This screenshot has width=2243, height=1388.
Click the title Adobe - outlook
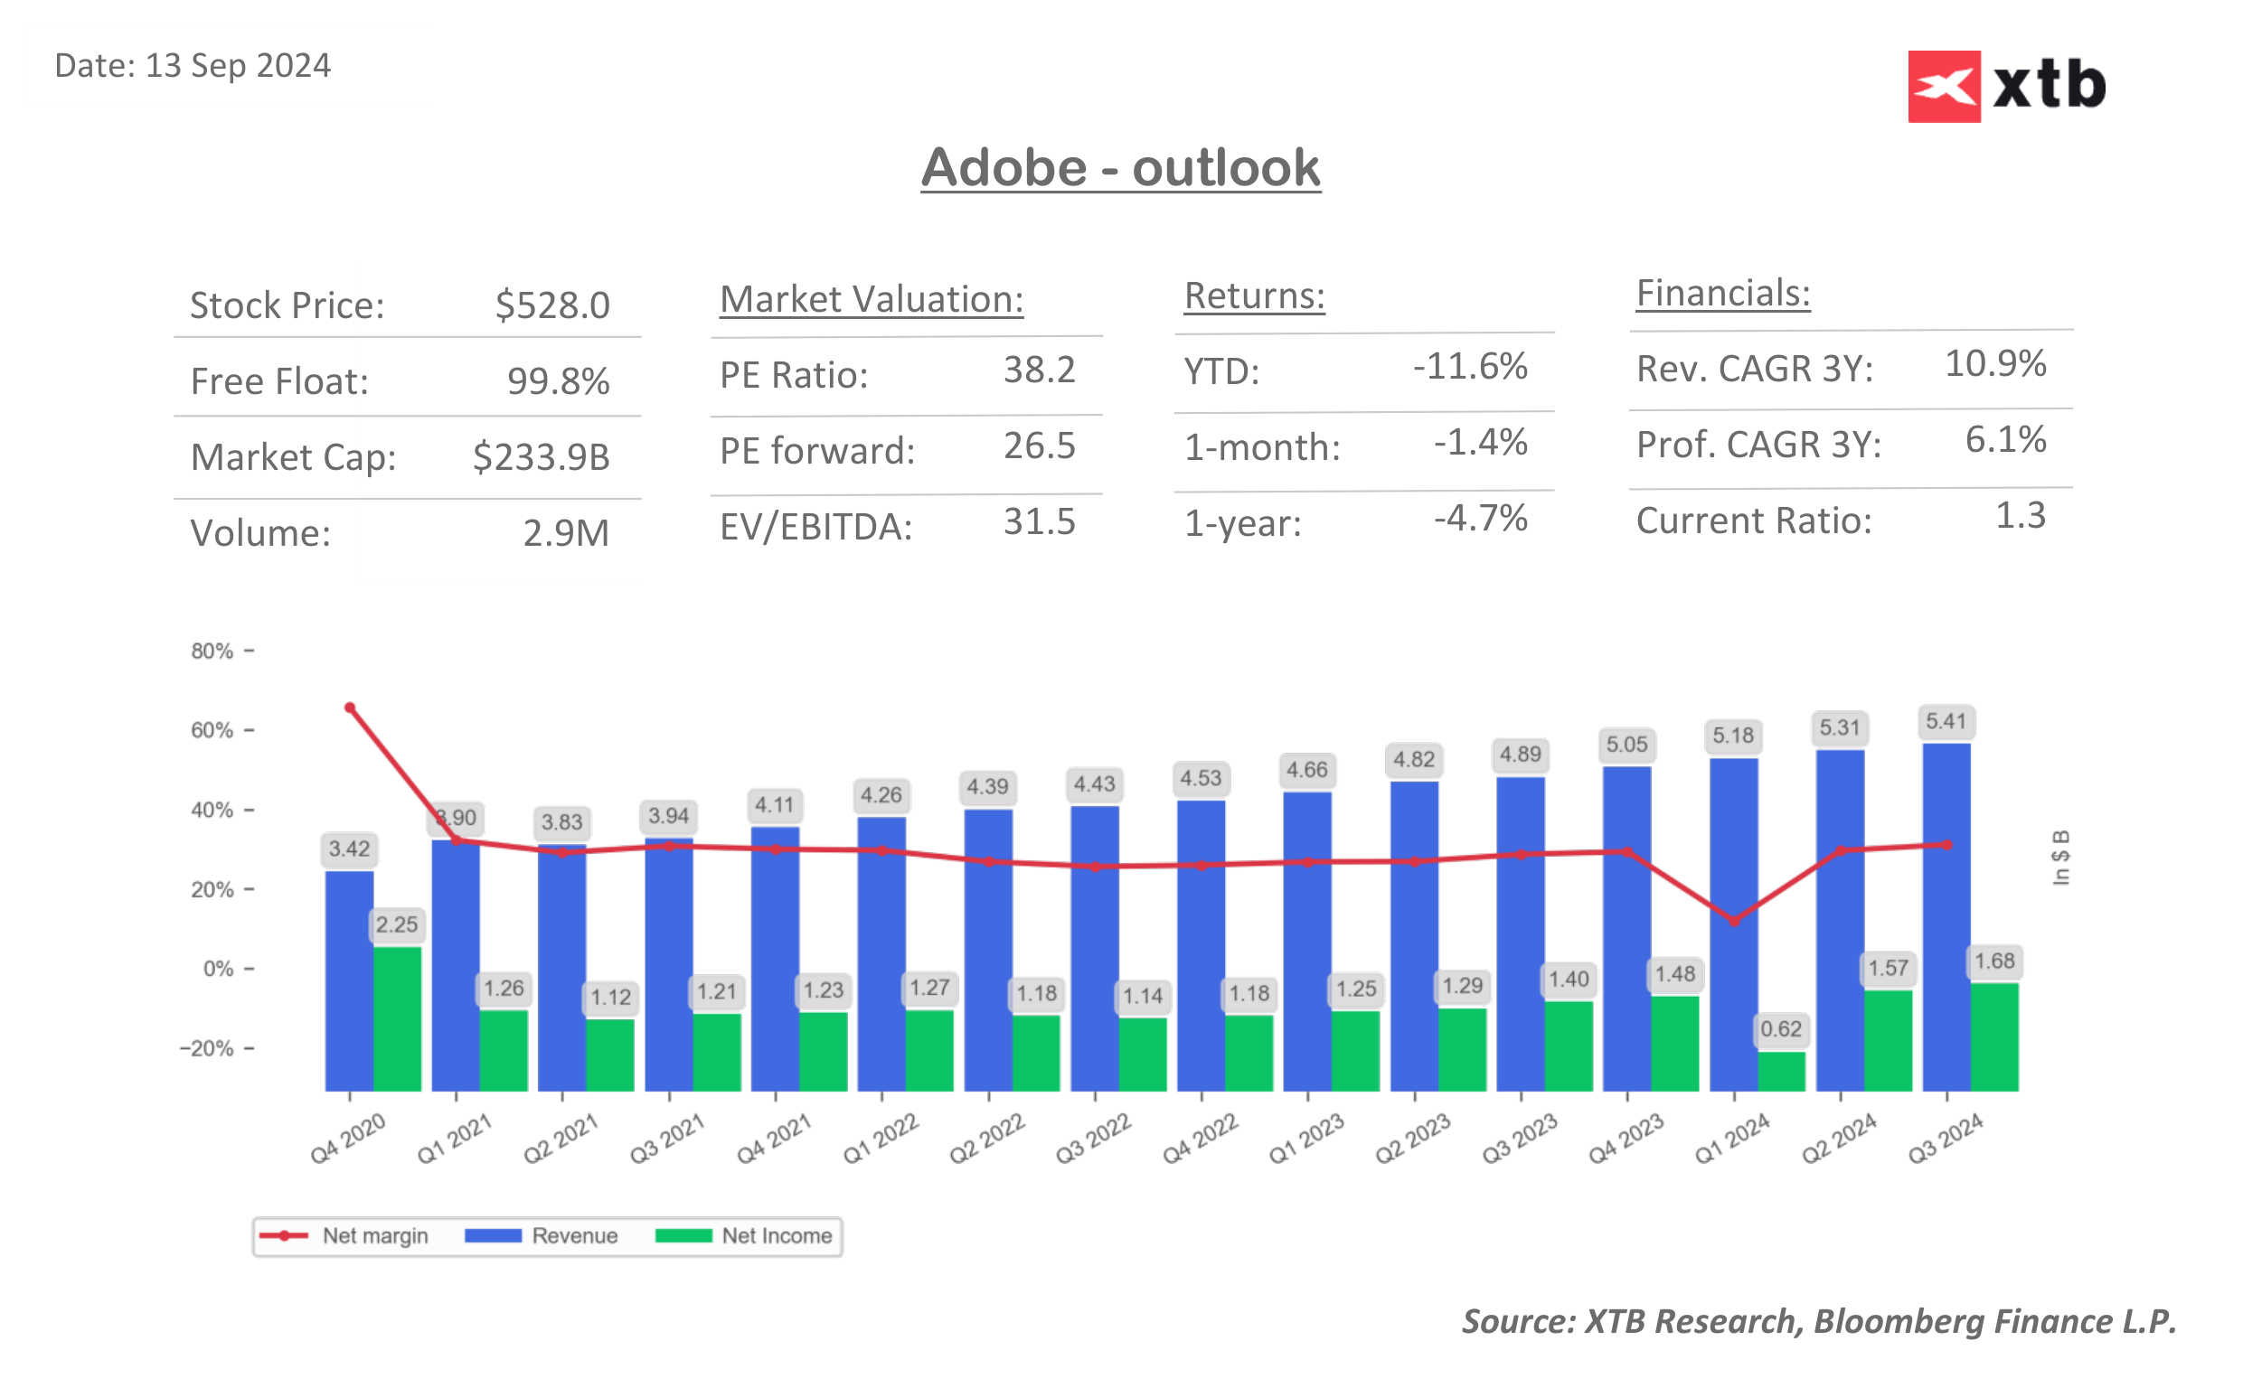click(x=1120, y=168)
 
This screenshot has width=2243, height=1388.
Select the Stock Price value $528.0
click(x=551, y=305)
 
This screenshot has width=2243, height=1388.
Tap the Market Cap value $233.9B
click(x=541, y=457)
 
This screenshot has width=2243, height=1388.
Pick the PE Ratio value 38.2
click(x=1039, y=370)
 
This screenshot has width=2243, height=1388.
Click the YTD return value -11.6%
click(x=1469, y=366)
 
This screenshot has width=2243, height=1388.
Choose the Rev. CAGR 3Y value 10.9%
click(x=1994, y=363)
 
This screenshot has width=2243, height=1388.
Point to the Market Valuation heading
click(x=871, y=299)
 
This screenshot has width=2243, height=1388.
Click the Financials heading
click(x=1722, y=294)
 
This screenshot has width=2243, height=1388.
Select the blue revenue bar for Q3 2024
click(x=1946, y=918)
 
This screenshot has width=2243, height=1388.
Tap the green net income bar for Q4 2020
click(x=397, y=1019)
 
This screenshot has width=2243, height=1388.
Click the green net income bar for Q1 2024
click(x=1781, y=1072)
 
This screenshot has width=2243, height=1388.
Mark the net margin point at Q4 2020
click(x=350, y=708)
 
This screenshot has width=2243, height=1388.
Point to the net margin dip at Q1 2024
click(x=1733, y=921)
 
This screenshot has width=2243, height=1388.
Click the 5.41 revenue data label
click(x=1946, y=721)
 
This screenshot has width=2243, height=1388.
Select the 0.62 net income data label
click(x=1780, y=1029)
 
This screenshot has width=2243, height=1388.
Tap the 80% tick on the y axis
click(x=212, y=651)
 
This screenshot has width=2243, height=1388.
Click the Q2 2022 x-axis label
click(x=986, y=1139)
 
